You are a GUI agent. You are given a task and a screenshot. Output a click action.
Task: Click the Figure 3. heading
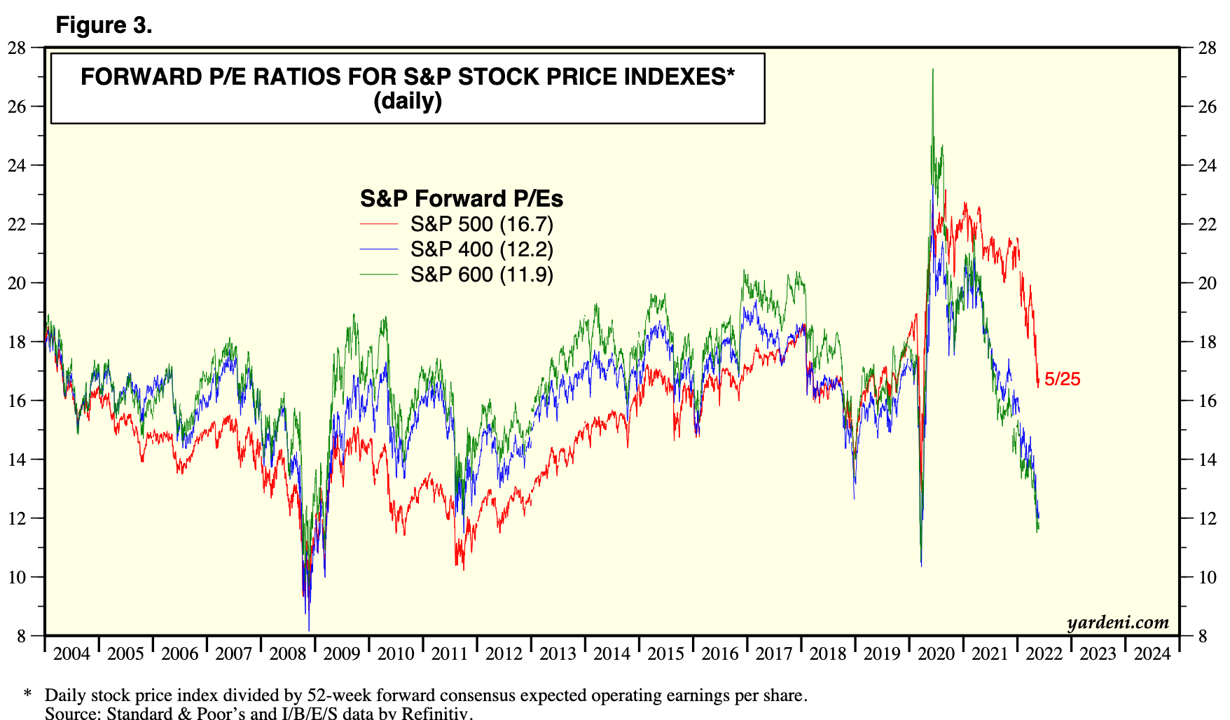pos(104,25)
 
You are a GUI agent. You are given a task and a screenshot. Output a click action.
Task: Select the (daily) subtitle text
pos(408,102)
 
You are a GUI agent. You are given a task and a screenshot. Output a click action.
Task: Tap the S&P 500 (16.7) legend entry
pos(481,224)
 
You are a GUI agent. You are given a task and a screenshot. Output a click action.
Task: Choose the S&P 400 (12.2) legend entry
pos(481,249)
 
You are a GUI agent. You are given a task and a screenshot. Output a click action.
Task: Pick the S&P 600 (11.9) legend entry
pos(481,275)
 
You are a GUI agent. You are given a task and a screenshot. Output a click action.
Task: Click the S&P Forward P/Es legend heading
pos(461,199)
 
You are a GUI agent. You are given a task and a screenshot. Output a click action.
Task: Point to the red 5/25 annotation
pos(1062,380)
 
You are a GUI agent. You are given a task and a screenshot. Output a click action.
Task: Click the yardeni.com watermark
pos(1118,622)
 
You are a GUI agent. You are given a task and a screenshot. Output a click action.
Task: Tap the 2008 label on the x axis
pos(288,654)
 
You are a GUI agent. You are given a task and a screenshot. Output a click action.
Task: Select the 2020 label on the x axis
pos(936,654)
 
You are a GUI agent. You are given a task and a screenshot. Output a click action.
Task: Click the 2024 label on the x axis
pos(1152,654)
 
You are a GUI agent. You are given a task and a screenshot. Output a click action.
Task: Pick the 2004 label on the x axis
pos(71,654)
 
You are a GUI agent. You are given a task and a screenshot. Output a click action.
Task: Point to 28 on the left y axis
pos(17,48)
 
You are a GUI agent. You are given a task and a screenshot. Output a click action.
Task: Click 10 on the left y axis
pos(17,577)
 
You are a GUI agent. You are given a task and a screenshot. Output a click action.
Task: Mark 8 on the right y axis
pos(1203,636)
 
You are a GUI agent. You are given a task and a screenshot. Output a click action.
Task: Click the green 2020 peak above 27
pos(932,70)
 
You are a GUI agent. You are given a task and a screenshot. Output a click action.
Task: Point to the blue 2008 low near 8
pos(309,629)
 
